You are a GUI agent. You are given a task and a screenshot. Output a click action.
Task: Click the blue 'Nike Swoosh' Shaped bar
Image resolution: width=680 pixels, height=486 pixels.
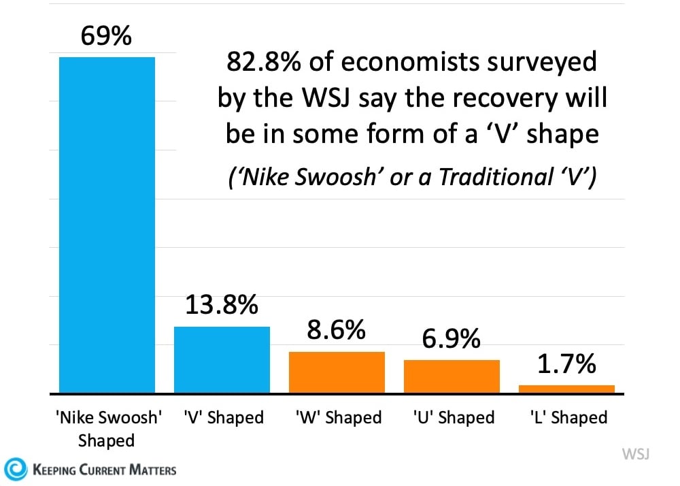107,225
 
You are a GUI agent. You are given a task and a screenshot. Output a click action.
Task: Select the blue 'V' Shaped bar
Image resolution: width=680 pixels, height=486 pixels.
222,359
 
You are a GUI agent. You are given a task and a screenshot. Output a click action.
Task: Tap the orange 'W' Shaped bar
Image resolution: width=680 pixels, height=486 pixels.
337,372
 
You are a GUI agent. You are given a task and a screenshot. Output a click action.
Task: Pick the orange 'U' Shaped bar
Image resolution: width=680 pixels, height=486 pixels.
452,376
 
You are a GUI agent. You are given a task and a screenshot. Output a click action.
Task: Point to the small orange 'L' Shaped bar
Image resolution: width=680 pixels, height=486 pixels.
566,389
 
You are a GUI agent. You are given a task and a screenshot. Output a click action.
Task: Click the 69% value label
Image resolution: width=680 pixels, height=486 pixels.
106,37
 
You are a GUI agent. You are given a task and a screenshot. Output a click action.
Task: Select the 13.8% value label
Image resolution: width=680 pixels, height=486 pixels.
222,306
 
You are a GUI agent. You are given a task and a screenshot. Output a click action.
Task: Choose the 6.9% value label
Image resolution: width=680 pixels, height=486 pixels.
452,338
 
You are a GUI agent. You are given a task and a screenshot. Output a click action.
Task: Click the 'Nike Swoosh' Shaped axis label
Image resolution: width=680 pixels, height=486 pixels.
107,428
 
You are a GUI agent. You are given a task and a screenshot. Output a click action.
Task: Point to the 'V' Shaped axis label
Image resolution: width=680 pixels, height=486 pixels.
223,417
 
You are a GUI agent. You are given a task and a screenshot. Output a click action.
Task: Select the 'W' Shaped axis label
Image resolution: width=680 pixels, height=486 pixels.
338,417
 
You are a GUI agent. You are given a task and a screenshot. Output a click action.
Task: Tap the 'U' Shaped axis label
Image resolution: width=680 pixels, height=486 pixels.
453,417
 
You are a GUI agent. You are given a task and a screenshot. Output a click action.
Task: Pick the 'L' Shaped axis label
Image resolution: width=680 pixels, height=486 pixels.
567,417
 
